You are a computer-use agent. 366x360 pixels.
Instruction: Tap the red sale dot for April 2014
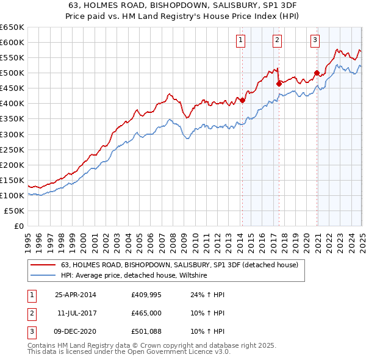tap(242, 100)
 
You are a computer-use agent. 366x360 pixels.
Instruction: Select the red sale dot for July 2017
tap(279, 84)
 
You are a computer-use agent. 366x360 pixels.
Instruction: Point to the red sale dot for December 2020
tap(317, 73)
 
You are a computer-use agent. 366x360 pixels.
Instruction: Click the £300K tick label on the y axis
tap(12, 134)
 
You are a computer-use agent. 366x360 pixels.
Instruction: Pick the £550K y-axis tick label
tap(12, 58)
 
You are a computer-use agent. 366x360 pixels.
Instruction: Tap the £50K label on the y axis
tap(14, 211)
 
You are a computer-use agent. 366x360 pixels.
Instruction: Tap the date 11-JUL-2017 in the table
tap(76, 313)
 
